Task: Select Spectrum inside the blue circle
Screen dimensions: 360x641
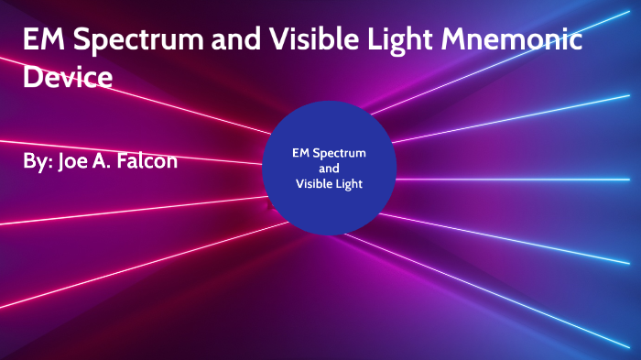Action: tap(339, 153)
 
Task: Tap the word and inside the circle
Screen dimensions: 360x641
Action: tap(329, 169)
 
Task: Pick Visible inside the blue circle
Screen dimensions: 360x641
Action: tap(313, 184)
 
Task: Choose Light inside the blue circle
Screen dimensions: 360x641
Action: tap(349, 184)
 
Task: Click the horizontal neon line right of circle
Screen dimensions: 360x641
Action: tap(513, 179)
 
